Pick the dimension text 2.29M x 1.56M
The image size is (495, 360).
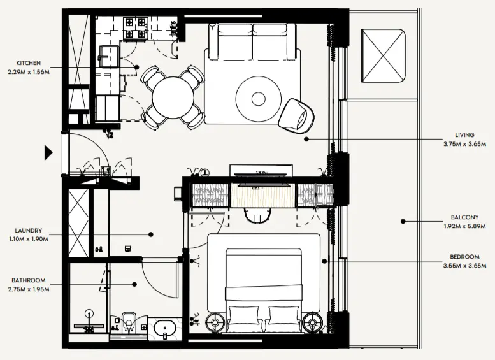point(29,71)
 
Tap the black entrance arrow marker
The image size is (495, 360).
point(48,152)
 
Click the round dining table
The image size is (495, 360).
point(173,97)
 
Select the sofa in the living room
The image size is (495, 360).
point(252,40)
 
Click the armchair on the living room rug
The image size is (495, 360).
point(298,114)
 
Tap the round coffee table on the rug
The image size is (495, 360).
point(258,99)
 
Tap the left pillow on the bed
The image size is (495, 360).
point(242,316)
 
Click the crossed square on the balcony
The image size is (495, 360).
point(384,55)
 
